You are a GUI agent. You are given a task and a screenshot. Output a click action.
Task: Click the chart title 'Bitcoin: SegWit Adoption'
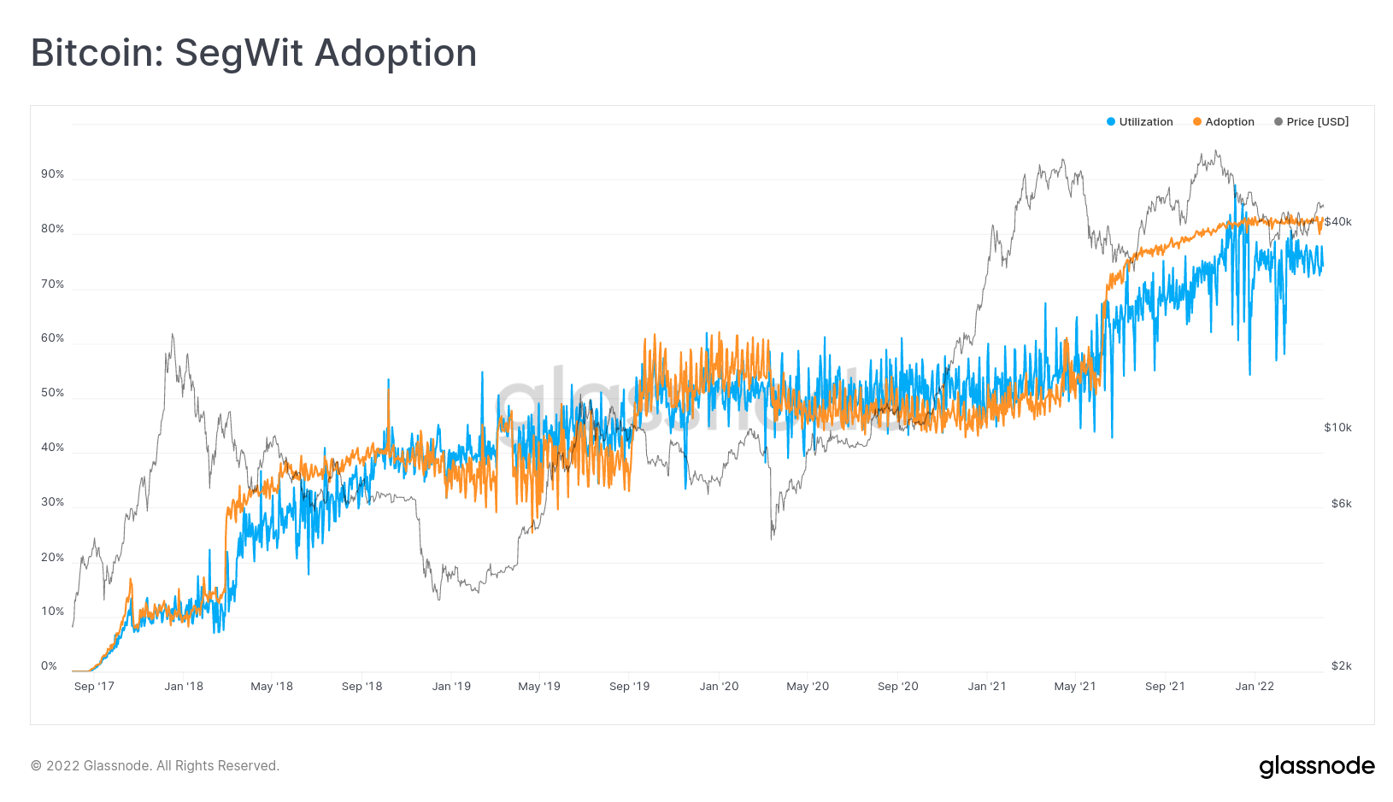click(254, 53)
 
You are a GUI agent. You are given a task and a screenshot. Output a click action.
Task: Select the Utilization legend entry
click(1140, 122)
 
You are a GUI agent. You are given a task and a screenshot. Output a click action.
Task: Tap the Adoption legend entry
click(1224, 122)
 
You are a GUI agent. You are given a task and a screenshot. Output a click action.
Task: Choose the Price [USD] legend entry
click(1312, 122)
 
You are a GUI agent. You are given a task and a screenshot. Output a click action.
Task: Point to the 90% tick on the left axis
click(52, 174)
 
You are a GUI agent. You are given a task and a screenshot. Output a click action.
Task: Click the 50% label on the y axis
click(52, 393)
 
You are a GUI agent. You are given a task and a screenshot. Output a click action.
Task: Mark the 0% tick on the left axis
click(49, 666)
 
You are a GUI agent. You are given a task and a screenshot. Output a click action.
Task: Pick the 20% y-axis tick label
click(52, 558)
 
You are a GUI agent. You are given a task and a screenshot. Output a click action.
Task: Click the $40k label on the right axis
click(1338, 222)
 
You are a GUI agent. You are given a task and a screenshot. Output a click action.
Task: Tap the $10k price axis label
click(1338, 428)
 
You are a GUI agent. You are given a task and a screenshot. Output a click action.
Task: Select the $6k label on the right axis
click(1342, 504)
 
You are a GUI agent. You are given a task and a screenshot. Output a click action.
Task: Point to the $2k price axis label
click(1342, 666)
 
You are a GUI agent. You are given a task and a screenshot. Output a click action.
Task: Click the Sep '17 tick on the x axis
click(94, 687)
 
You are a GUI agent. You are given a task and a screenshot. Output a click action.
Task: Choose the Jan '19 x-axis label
click(451, 687)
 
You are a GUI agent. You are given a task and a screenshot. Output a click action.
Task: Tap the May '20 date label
click(808, 687)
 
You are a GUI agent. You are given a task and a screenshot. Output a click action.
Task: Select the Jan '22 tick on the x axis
click(1255, 687)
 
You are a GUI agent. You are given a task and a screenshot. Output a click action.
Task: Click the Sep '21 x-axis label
click(1165, 687)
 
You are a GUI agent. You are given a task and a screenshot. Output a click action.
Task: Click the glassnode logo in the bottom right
click(1317, 766)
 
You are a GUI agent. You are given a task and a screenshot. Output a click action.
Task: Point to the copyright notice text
click(155, 766)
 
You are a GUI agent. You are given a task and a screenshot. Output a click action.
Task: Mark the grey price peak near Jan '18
click(173, 335)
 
